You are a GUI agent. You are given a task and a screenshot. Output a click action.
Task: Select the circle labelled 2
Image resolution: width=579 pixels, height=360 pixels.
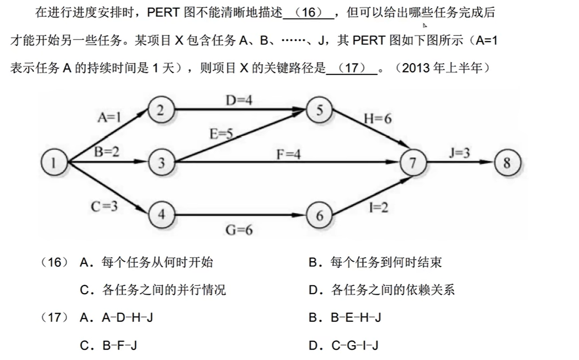click(x=161, y=110)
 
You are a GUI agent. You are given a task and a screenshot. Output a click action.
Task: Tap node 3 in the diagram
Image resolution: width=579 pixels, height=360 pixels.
click(x=161, y=163)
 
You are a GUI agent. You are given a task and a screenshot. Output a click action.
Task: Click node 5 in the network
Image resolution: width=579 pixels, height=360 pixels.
click(x=319, y=111)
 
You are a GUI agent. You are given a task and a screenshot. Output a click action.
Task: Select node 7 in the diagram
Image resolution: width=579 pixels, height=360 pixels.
click(x=413, y=163)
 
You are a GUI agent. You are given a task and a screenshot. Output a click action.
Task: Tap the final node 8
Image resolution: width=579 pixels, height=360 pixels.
click(x=507, y=163)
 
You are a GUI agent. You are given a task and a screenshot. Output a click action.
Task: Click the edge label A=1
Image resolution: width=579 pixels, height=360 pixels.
click(x=110, y=117)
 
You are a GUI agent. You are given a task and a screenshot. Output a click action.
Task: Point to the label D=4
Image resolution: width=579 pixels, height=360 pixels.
click(x=239, y=100)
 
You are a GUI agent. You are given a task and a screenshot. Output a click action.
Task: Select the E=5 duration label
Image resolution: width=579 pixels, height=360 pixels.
click(x=222, y=134)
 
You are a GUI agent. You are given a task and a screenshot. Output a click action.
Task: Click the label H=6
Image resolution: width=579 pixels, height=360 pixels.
click(x=377, y=119)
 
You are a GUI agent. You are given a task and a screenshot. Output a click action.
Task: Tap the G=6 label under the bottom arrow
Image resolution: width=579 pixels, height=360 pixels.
click(x=239, y=230)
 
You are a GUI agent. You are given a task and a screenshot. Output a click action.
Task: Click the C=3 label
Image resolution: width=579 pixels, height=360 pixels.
click(x=104, y=206)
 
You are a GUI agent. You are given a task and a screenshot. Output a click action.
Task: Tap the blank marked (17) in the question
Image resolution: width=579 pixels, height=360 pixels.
click(x=351, y=68)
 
